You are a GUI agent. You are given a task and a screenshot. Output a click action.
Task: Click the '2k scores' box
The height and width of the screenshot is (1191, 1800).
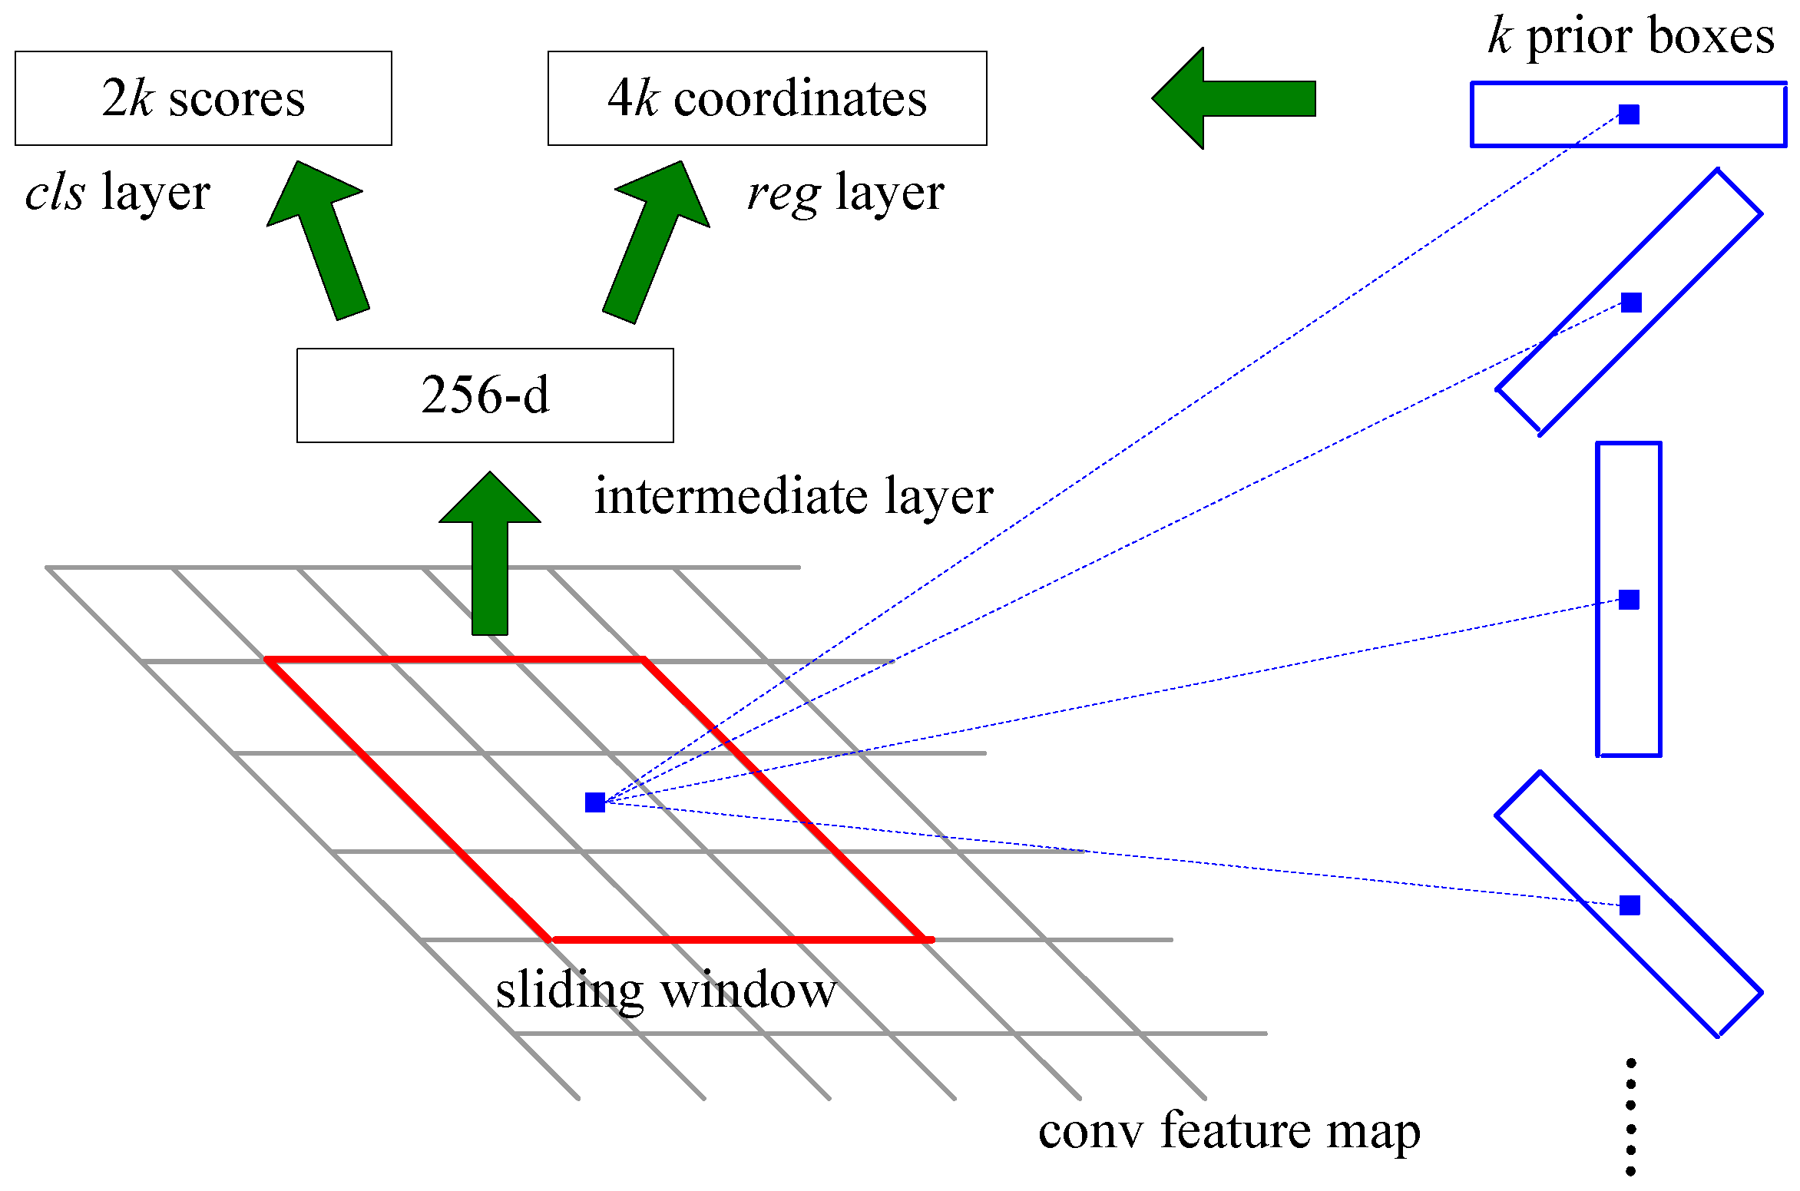coord(203,98)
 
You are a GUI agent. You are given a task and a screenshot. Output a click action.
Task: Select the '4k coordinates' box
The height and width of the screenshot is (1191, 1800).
coord(766,98)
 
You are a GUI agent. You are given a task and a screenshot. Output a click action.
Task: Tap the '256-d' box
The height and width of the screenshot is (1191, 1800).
coord(485,395)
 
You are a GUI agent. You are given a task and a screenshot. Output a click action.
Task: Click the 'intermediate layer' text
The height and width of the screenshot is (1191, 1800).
coord(793,496)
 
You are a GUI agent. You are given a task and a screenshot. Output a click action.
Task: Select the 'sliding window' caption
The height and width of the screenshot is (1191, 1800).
coord(665,990)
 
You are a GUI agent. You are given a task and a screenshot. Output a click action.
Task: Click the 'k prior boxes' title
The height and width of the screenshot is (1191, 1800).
coord(1631,37)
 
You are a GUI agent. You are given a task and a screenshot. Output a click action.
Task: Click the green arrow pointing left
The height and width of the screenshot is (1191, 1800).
coord(1233,98)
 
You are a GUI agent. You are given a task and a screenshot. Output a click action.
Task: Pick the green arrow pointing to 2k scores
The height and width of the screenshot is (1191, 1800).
coord(323,238)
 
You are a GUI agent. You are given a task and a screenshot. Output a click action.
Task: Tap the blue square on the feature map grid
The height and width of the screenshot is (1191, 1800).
coord(595,802)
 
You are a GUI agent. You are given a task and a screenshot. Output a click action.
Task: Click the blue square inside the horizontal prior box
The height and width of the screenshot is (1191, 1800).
coord(1629,114)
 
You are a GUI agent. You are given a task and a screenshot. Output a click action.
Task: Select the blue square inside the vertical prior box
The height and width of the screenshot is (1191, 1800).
coord(1629,600)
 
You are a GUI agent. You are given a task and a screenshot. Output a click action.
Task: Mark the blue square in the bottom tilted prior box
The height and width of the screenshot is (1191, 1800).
coord(1630,905)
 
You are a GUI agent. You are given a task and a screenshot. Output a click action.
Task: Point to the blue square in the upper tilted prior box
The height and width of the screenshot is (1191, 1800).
coord(1631,303)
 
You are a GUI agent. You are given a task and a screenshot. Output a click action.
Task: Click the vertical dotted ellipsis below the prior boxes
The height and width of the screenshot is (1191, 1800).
coord(1630,1117)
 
